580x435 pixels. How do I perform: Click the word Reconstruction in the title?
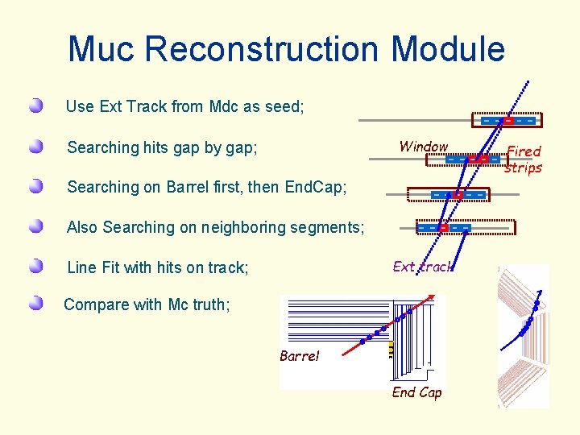click(263, 48)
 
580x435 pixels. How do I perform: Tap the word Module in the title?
click(448, 48)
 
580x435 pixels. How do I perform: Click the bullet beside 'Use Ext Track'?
click(35, 106)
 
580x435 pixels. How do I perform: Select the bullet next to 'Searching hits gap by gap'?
click(35, 147)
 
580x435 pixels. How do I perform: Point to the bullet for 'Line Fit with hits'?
click(35, 267)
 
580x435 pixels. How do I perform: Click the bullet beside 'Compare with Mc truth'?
click(35, 304)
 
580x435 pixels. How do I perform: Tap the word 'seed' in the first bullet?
click(285, 106)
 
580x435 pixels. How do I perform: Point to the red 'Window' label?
click(424, 147)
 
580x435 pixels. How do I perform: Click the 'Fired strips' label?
click(523, 159)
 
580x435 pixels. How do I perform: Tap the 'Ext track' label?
click(422, 267)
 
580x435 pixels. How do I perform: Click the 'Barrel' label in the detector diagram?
click(300, 356)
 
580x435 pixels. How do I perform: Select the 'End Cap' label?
click(416, 392)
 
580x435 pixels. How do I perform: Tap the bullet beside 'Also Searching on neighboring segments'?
click(35, 226)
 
